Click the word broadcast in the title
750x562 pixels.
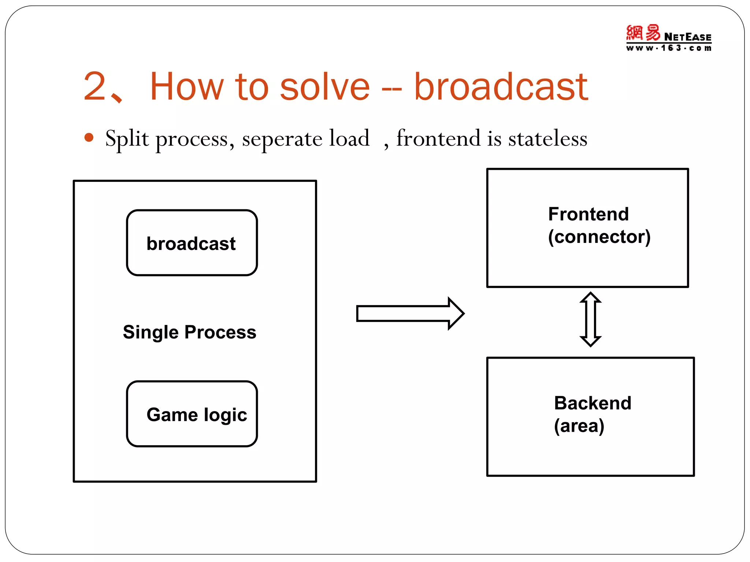(501, 87)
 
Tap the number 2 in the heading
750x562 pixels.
(94, 87)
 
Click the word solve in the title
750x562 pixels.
(325, 87)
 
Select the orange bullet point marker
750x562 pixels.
(89, 138)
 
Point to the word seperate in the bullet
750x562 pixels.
(282, 139)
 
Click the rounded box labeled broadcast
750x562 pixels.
(192, 243)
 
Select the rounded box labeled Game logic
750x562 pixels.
(192, 414)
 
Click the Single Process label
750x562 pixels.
(189, 332)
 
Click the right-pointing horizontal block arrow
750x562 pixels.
(410, 314)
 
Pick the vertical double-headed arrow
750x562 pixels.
(590, 319)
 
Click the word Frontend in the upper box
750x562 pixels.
(588, 214)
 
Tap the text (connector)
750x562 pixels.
(599, 237)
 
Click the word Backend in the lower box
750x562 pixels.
(593, 403)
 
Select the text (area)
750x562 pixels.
(579, 426)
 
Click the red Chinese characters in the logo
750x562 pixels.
(643, 33)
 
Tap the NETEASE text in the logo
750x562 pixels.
(687, 37)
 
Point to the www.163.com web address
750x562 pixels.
(669, 48)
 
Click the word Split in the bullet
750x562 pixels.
(127, 139)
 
